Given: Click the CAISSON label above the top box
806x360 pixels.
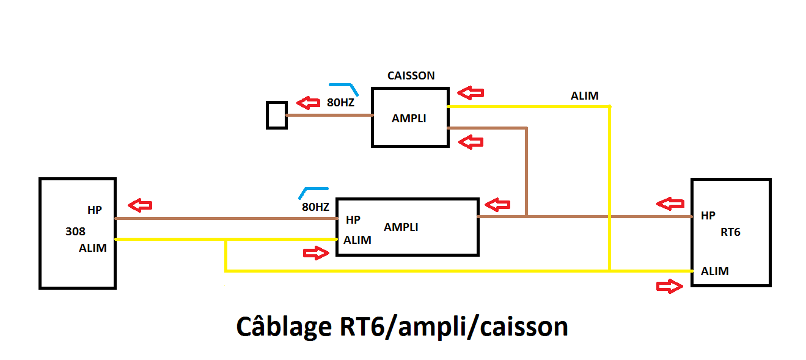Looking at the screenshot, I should pos(411,76).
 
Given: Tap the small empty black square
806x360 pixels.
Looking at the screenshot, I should pos(277,115).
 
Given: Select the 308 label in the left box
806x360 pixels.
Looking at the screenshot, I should pos(76,232).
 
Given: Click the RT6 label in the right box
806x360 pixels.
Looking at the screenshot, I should pos(730,232).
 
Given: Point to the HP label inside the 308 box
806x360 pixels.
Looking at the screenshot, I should pos(95,210).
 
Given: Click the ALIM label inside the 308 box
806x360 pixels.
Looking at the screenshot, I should pos(93,248).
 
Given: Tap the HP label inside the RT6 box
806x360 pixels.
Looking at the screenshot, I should pos(708,216).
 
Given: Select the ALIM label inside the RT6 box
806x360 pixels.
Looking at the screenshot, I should pos(715,271).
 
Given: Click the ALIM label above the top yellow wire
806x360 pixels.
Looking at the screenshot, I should pos(585,96).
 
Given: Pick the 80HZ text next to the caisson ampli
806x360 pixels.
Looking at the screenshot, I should pos(340,103).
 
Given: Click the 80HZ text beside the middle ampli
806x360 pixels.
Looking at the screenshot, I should pos(315,207).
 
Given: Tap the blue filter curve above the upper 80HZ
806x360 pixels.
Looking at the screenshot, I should pos(343,87).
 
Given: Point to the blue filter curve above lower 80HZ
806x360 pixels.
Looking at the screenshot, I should pos(313,192).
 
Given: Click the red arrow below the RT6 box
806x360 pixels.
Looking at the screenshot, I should pos(669,286).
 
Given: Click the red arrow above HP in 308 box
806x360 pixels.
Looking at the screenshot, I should pos(139,205).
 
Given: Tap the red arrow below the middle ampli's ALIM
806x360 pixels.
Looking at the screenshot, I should pos(316,254).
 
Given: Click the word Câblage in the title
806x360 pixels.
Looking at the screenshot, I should pos(282,328).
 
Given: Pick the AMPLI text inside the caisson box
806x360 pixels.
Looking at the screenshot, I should pos(409,119).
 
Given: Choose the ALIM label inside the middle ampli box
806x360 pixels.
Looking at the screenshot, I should pos(357,240).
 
